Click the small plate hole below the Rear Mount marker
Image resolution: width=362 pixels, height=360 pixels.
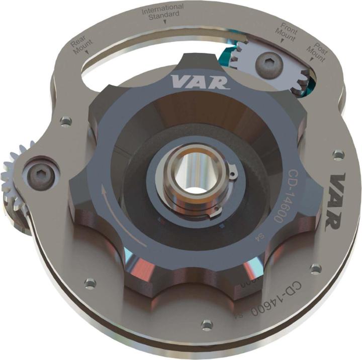pyautogui.click(x=65, y=121)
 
